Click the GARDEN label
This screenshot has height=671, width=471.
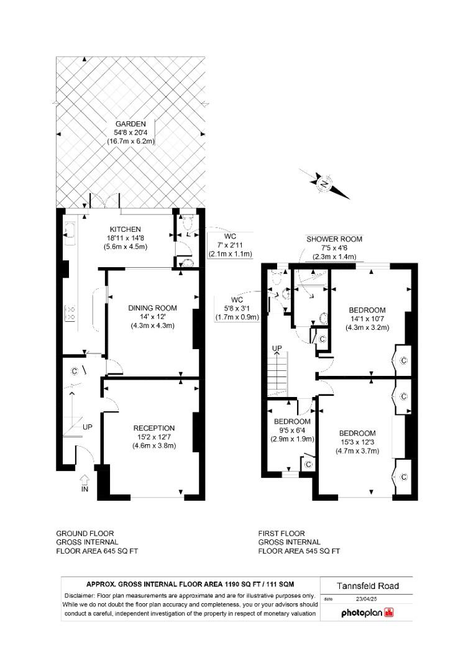[x=130, y=124]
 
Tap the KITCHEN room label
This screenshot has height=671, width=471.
[x=126, y=229]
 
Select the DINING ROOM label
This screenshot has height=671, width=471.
[x=153, y=308]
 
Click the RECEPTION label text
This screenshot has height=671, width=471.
[x=154, y=428]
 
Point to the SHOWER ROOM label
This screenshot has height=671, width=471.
[x=334, y=239]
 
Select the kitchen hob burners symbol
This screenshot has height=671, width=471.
[x=70, y=313]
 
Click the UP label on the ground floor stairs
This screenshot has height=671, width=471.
[x=87, y=427]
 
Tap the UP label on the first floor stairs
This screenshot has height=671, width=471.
[x=277, y=349]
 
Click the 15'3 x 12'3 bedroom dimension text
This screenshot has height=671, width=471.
[x=357, y=442]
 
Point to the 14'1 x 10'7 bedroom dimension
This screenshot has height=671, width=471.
[x=367, y=319]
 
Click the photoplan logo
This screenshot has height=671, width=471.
[x=367, y=613]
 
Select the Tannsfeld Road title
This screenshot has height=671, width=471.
[x=367, y=586]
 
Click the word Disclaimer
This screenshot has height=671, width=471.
[x=80, y=596]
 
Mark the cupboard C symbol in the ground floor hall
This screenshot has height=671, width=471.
[x=75, y=371]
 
